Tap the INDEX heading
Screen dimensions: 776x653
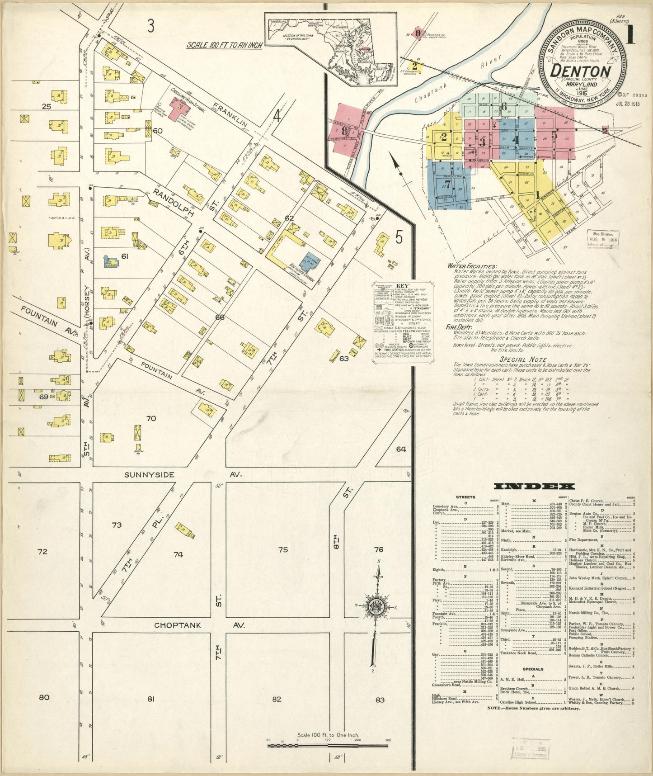point(534,486)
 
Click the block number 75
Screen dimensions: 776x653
point(283,550)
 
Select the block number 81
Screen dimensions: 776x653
point(151,699)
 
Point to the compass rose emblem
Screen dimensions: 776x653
point(376,609)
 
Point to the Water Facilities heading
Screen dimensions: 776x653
point(472,266)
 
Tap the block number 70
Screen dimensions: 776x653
point(151,418)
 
